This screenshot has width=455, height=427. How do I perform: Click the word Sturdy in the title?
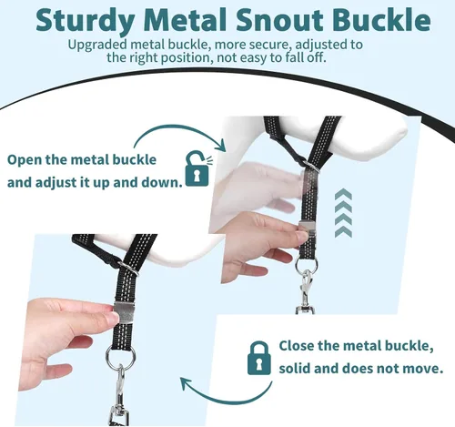click(x=86, y=20)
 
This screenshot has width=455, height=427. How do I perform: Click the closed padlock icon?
click(x=258, y=358)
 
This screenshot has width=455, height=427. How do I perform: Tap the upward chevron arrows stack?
click(x=343, y=213)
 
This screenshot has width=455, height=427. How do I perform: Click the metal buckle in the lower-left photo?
click(x=126, y=312)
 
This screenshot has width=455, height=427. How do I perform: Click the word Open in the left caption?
click(x=25, y=160)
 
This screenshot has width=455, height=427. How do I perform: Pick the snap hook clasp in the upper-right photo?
click(x=306, y=292)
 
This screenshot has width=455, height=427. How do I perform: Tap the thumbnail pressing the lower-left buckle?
click(x=114, y=317)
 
